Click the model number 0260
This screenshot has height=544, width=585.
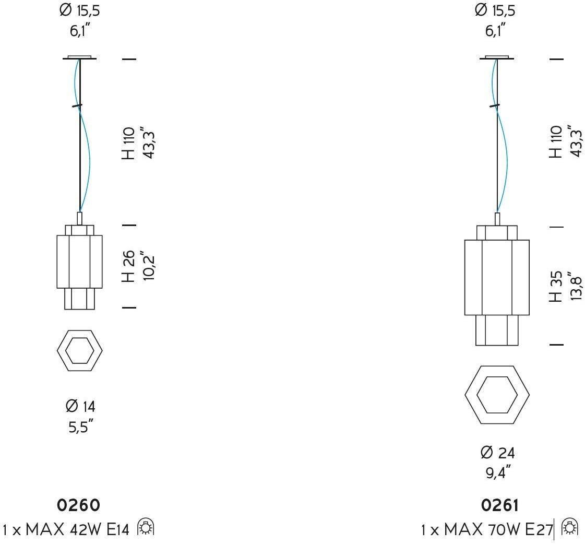coord(78,505)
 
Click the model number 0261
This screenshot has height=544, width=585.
coord(499,505)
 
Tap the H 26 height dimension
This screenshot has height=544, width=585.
coord(128,266)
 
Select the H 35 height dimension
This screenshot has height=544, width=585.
coord(556,287)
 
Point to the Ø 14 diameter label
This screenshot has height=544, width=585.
coord(80,406)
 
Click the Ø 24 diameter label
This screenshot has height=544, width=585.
coord(498,453)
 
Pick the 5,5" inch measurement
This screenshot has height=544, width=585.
coord(80,426)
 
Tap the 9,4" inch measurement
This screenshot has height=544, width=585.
coord(498,472)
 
